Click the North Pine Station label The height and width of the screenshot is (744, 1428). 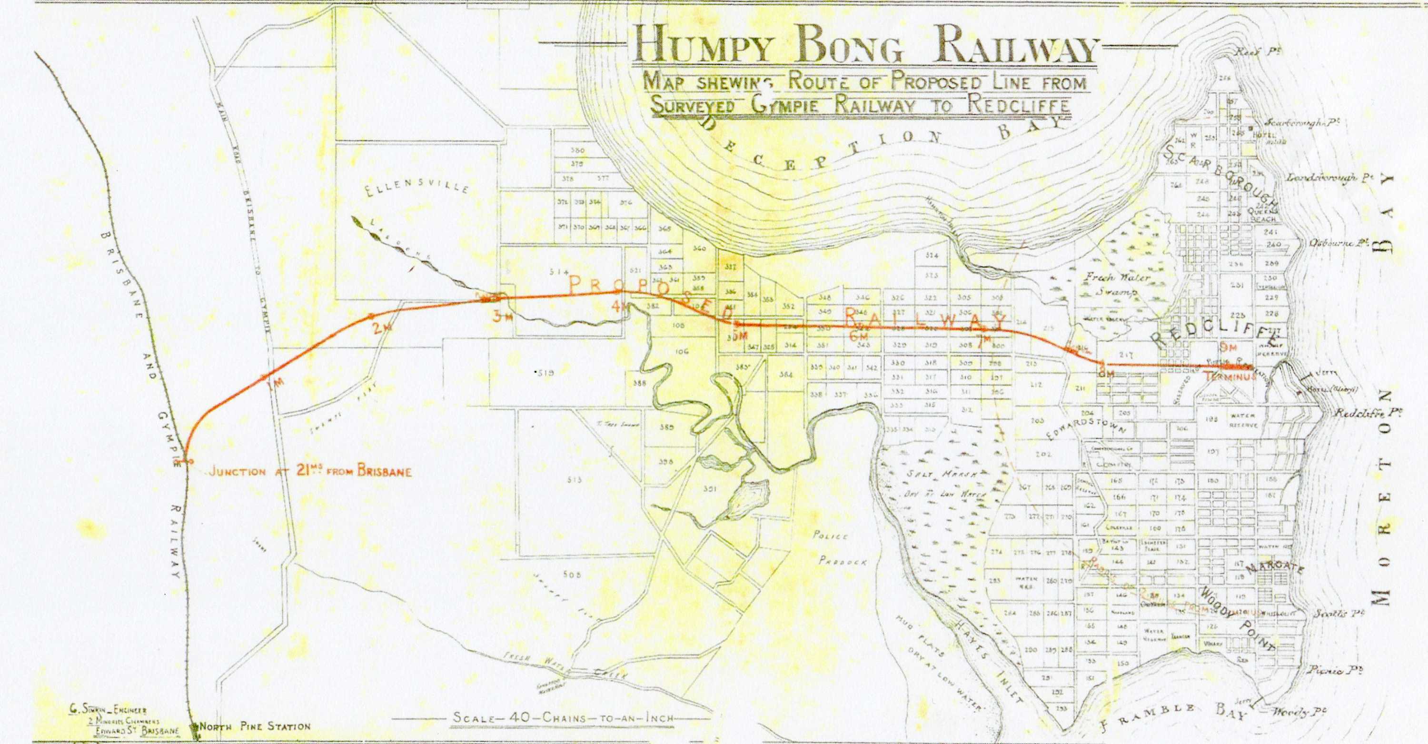(x=255, y=726)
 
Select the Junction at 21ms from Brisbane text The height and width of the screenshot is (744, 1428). (x=310, y=472)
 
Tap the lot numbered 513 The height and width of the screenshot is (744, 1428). (x=575, y=480)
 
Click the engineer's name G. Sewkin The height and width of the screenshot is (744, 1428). (x=109, y=710)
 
